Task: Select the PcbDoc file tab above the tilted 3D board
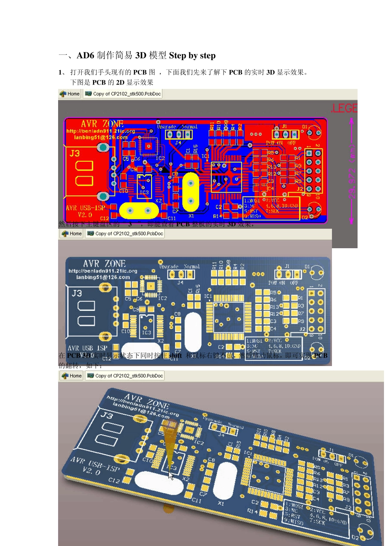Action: pyautogui.click(x=125, y=376)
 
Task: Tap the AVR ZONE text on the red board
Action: pyautogui.click(x=102, y=124)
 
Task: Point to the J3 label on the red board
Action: pyautogui.click(x=74, y=153)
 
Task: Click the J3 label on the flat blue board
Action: pyautogui.click(x=77, y=293)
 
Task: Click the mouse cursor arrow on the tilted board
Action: pyautogui.click(x=171, y=475)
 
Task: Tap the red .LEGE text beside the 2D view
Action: pyautogui.click(x=344, y=108)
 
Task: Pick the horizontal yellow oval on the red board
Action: pyautogui.click(x=139, y=210)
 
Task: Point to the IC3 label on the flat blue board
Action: pyautogui.click(x=146, y=332)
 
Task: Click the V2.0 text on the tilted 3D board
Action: pyautogui.click(x=91, y=471)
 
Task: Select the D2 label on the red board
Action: pyautogui.click(x=304, y=217)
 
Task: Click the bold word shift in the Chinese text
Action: pyautogui.click(x=176, y=355)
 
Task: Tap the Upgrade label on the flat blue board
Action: pyautogui.click(x=169, y=266)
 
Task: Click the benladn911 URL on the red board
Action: pyautogui.click(x=100, y=131)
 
